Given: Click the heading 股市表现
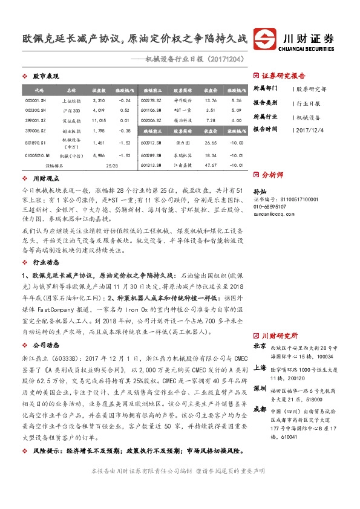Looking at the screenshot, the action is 45,76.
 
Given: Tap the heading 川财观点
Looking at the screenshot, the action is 45,179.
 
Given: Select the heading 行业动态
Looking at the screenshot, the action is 45,245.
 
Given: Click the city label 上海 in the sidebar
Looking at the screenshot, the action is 260,368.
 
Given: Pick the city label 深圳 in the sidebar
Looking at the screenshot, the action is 260,387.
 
